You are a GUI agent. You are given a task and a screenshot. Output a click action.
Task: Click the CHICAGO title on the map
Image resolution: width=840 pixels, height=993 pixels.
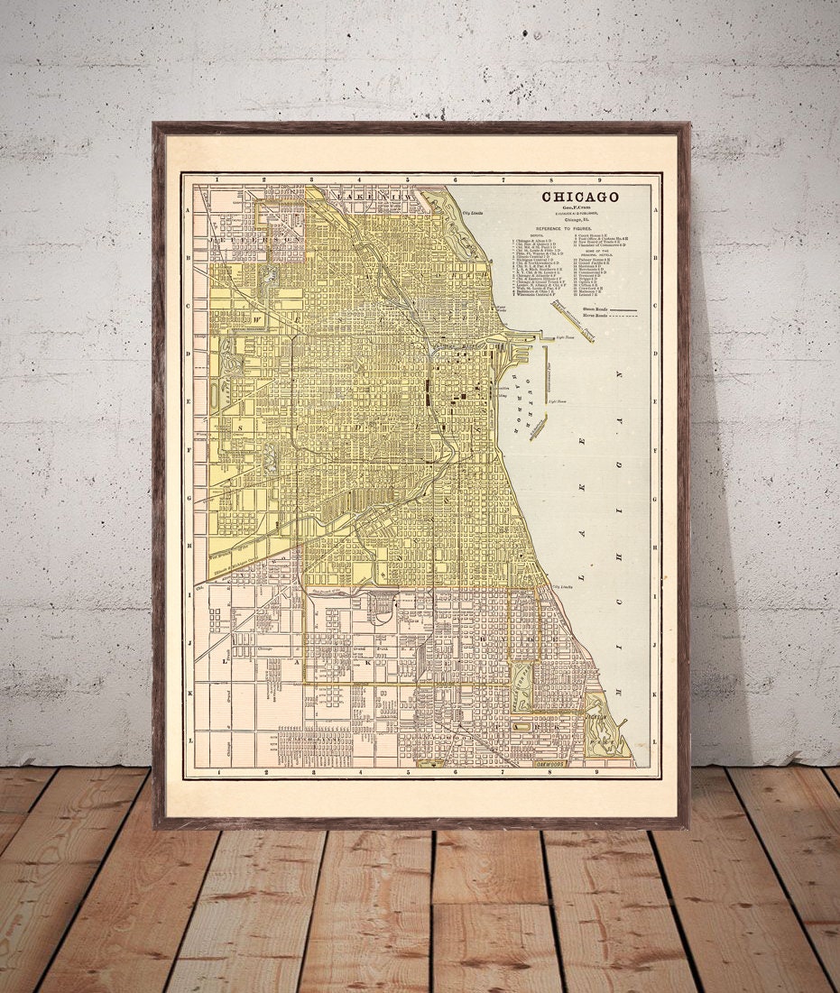point(579,197)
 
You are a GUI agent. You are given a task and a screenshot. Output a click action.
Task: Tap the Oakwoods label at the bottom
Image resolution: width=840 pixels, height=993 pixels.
point(551,765)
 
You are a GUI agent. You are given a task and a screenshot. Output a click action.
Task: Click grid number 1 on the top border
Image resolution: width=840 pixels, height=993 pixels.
point(217,180)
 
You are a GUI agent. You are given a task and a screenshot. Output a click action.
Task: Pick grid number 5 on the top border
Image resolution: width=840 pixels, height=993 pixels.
point(408,180)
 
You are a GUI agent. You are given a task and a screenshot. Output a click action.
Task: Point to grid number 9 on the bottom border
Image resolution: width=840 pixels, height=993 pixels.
point(597,773)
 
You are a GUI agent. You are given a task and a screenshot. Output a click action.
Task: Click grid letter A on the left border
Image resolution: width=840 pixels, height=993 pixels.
point(189,209)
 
